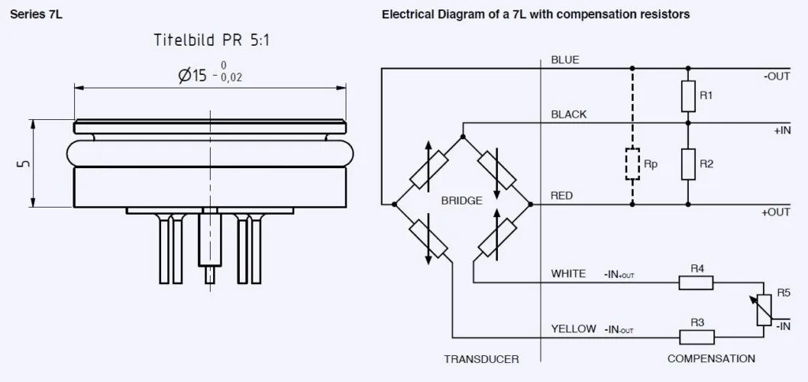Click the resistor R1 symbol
(687, 95)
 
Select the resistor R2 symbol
(687, 163)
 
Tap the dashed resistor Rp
(631, 163)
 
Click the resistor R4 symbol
(697, 283)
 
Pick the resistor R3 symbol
(697, 336)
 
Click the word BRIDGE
(462, 200)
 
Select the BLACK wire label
(569, 114)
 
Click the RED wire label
(563, 195)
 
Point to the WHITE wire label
(568, 274)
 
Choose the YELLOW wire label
(574, 329)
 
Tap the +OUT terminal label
(776, 212)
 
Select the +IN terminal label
(782, 130)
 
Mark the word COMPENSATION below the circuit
(711, 359)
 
